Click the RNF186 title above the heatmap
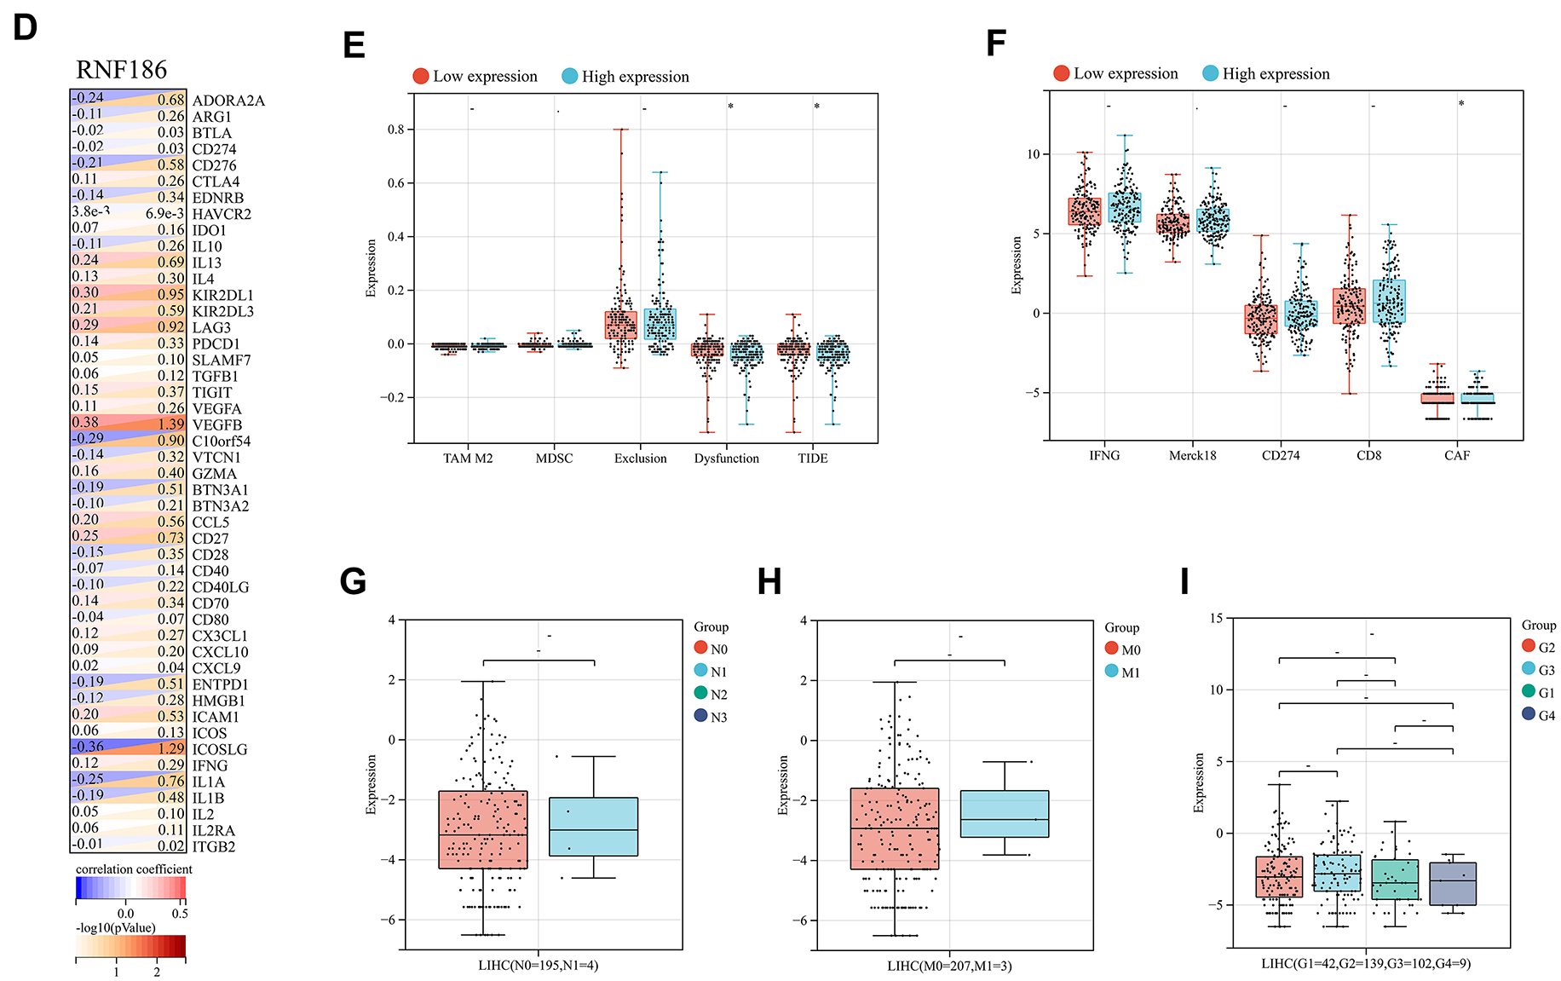[x=121, y=70]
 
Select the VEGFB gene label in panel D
[x=216, y=424]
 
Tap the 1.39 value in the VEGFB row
[x=170, y=424]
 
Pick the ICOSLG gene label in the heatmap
[x=220, y=749]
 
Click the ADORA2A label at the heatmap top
[x=228, y=101]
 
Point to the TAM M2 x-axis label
[x=468, y=459]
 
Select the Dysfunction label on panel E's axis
[x=726, y=459]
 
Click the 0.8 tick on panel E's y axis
[x=396, y=130]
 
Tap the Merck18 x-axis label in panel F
[x=1192, y=456]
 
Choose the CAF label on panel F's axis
[x=1456, y=456]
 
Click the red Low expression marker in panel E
[x=421, y=76]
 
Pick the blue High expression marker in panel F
[x=1210, y=73]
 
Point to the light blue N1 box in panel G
[x=593, y=826]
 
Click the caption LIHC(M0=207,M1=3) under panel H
[x=949, y=966]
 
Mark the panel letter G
[x=353, y=581]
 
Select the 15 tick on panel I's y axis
[x=1216, y=618]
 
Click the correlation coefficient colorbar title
[x=134, y=869]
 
